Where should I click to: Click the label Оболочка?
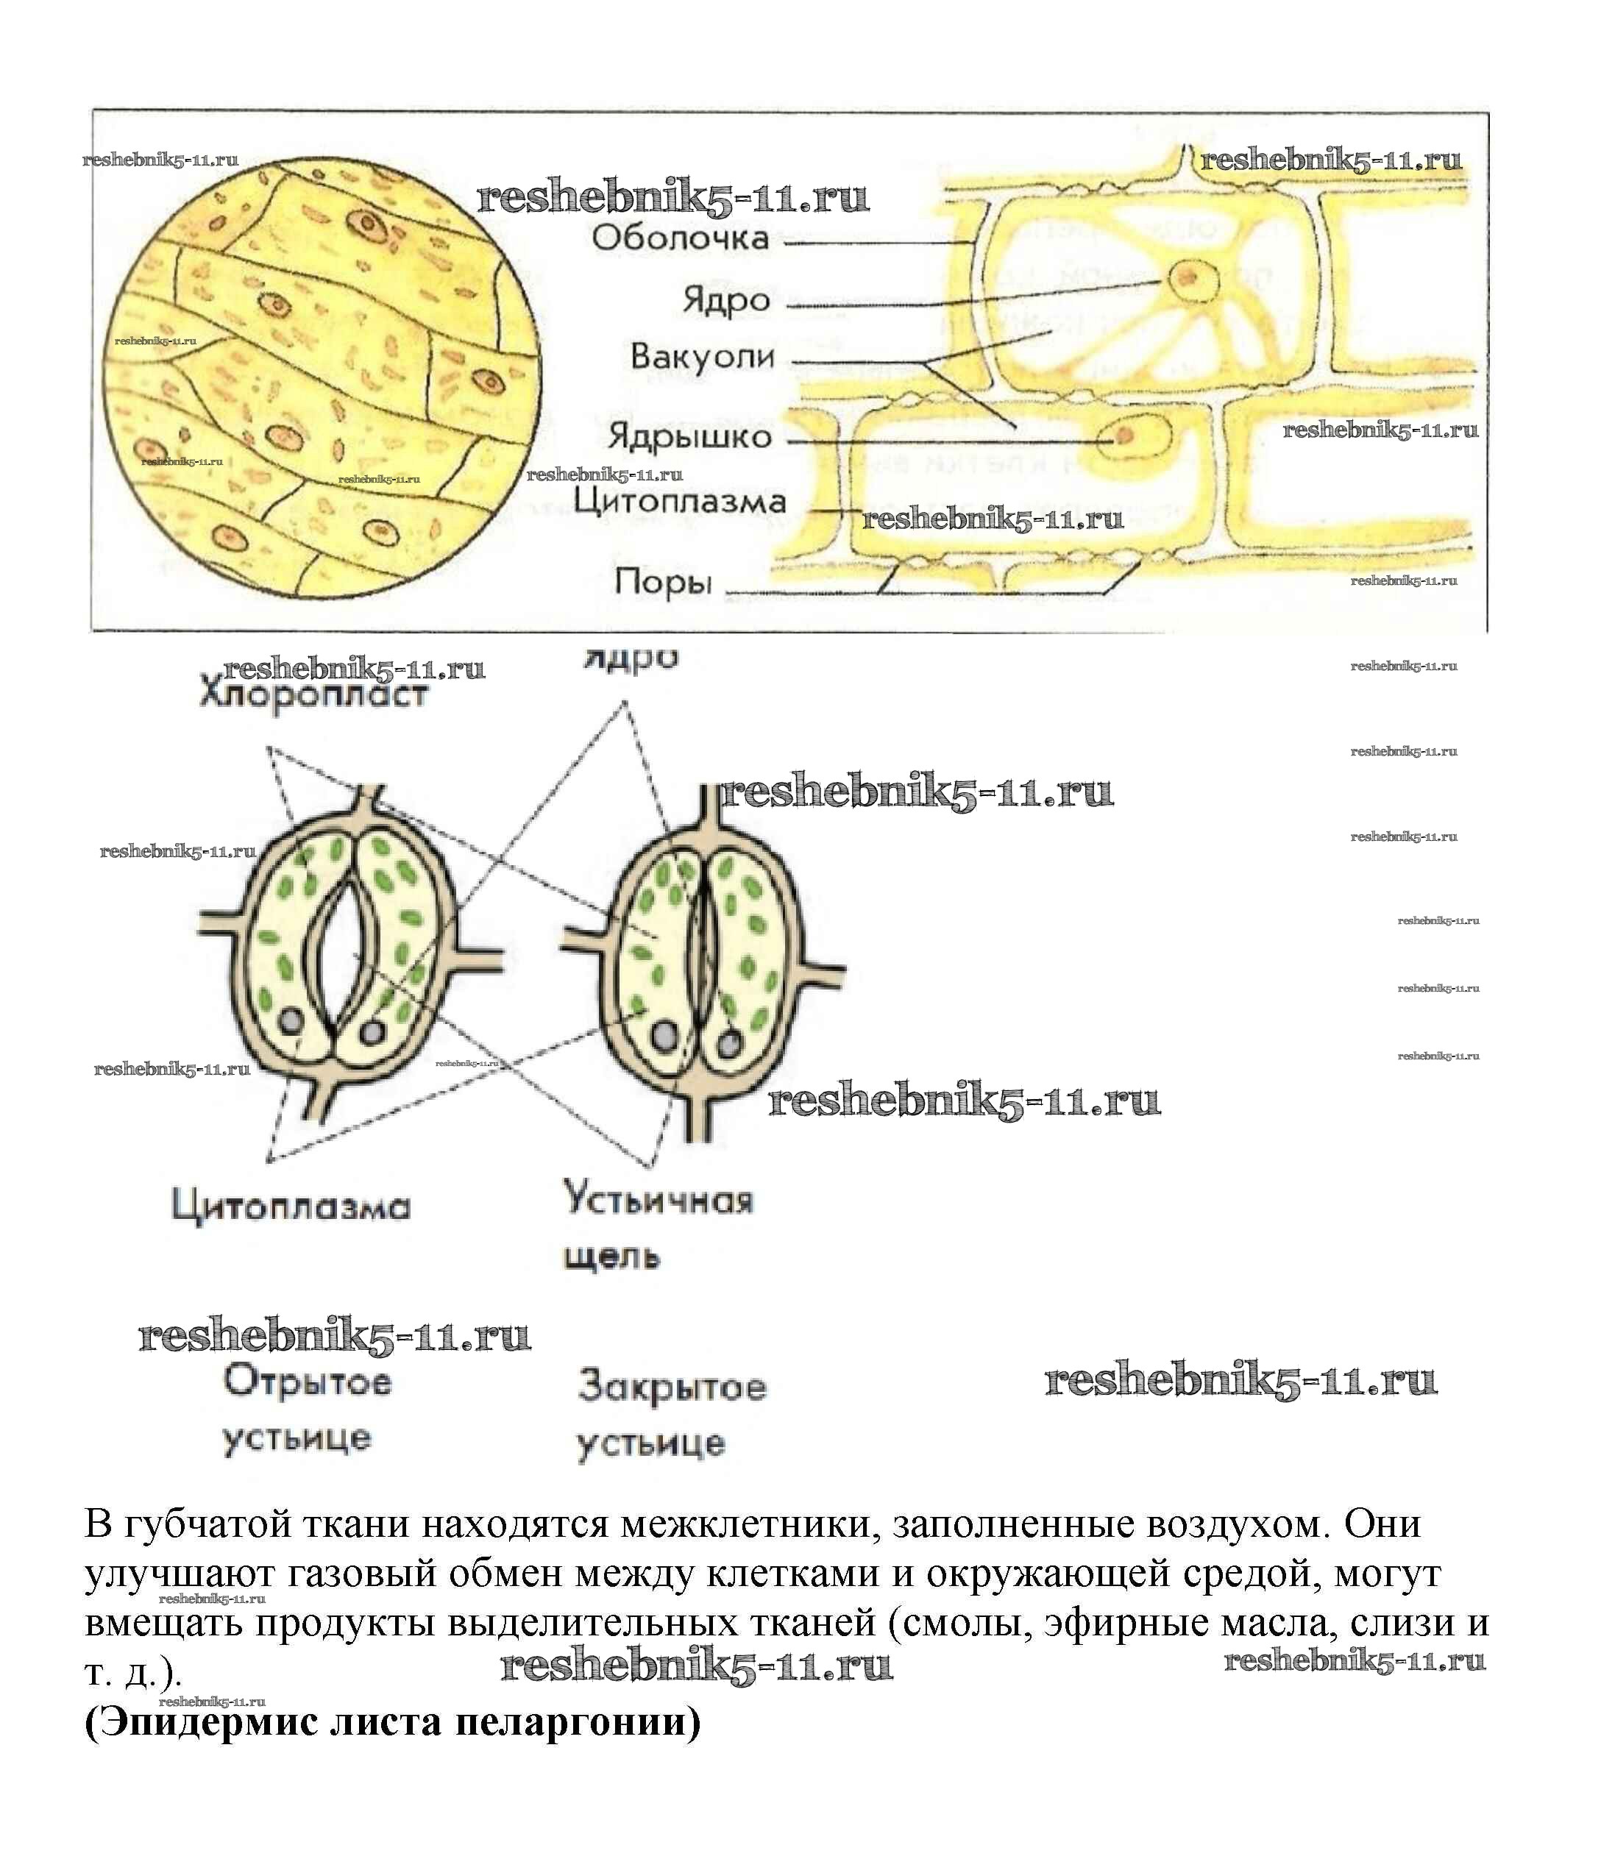point(681,238)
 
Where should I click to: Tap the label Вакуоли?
point(702,357)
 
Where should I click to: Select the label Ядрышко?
point(690,438)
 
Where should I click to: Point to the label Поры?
point(662,584)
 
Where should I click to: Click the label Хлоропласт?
point(313,695)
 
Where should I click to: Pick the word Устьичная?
point(658,1200)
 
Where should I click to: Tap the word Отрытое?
point(307,1382)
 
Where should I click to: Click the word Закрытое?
point(672,1387)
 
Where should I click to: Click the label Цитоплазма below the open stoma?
point(291,1206)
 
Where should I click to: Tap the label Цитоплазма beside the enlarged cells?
point(679,502)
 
